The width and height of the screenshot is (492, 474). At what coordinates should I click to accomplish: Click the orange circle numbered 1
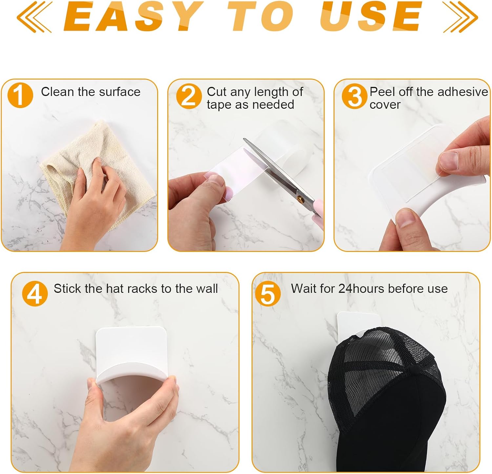(x=20, y=95)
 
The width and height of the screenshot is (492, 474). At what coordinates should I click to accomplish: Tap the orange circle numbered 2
(x=189, y=96)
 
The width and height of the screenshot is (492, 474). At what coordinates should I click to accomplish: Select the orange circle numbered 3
(x=355, y=96)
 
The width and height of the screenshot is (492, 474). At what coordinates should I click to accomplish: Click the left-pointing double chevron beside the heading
(x=34, y=16)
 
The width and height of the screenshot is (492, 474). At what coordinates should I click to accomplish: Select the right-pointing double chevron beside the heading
(x=461, y=16)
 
